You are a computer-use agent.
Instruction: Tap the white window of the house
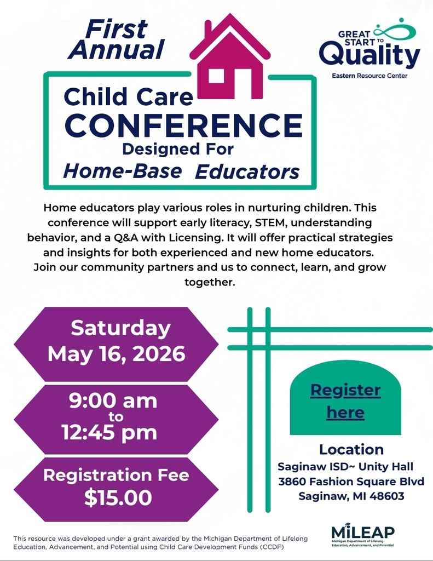pyautogui.click(x=217, y=76)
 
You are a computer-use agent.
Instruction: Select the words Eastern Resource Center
pyautogui.click(x=370, y=76)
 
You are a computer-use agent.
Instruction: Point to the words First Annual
pyautogui.click(x=116, y=39)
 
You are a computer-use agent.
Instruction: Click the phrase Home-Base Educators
pyautogui.click(x=181, y=171)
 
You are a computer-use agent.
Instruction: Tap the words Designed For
pyautogui.click(x=177, y=148)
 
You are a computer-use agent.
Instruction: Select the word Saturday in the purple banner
pyautogui.click(x=120, y=328)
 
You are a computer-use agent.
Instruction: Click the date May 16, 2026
pyautogui.click(x=116, y=354)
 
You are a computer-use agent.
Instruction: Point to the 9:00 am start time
pyautogui.click(x=113, y=400)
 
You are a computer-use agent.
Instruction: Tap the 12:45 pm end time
pyautogui.click(x=109, y=432)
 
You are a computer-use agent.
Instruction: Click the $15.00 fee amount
pyautogui.click(x=118, y=498)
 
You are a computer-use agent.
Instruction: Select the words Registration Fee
pyautogui.click(x=116, y=474)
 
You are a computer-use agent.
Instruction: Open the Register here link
pyautogui.click(x=345, y=401)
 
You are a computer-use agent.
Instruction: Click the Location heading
pyautogui.click(x=351, y=449)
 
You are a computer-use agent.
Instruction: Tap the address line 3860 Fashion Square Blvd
pyautogui.click(x=351, y=482)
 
